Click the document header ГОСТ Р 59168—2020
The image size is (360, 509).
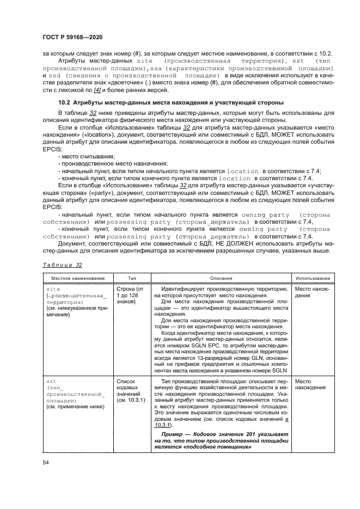pos(72,36)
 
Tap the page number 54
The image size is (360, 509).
pos(46,462)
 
